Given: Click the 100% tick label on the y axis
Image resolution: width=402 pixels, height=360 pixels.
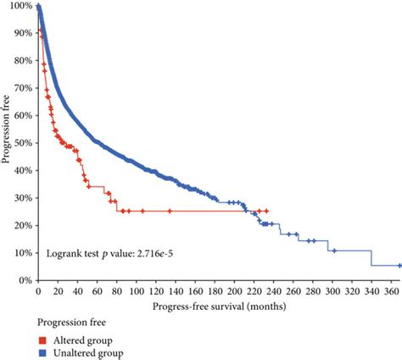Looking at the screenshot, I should [x=20, y=7].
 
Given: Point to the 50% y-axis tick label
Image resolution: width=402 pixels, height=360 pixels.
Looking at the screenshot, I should [x=22, y=143].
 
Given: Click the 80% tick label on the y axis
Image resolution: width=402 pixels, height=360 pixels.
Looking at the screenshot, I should [x=22, y=61].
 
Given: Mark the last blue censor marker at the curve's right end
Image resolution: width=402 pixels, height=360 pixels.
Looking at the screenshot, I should [x=399, y=266].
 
